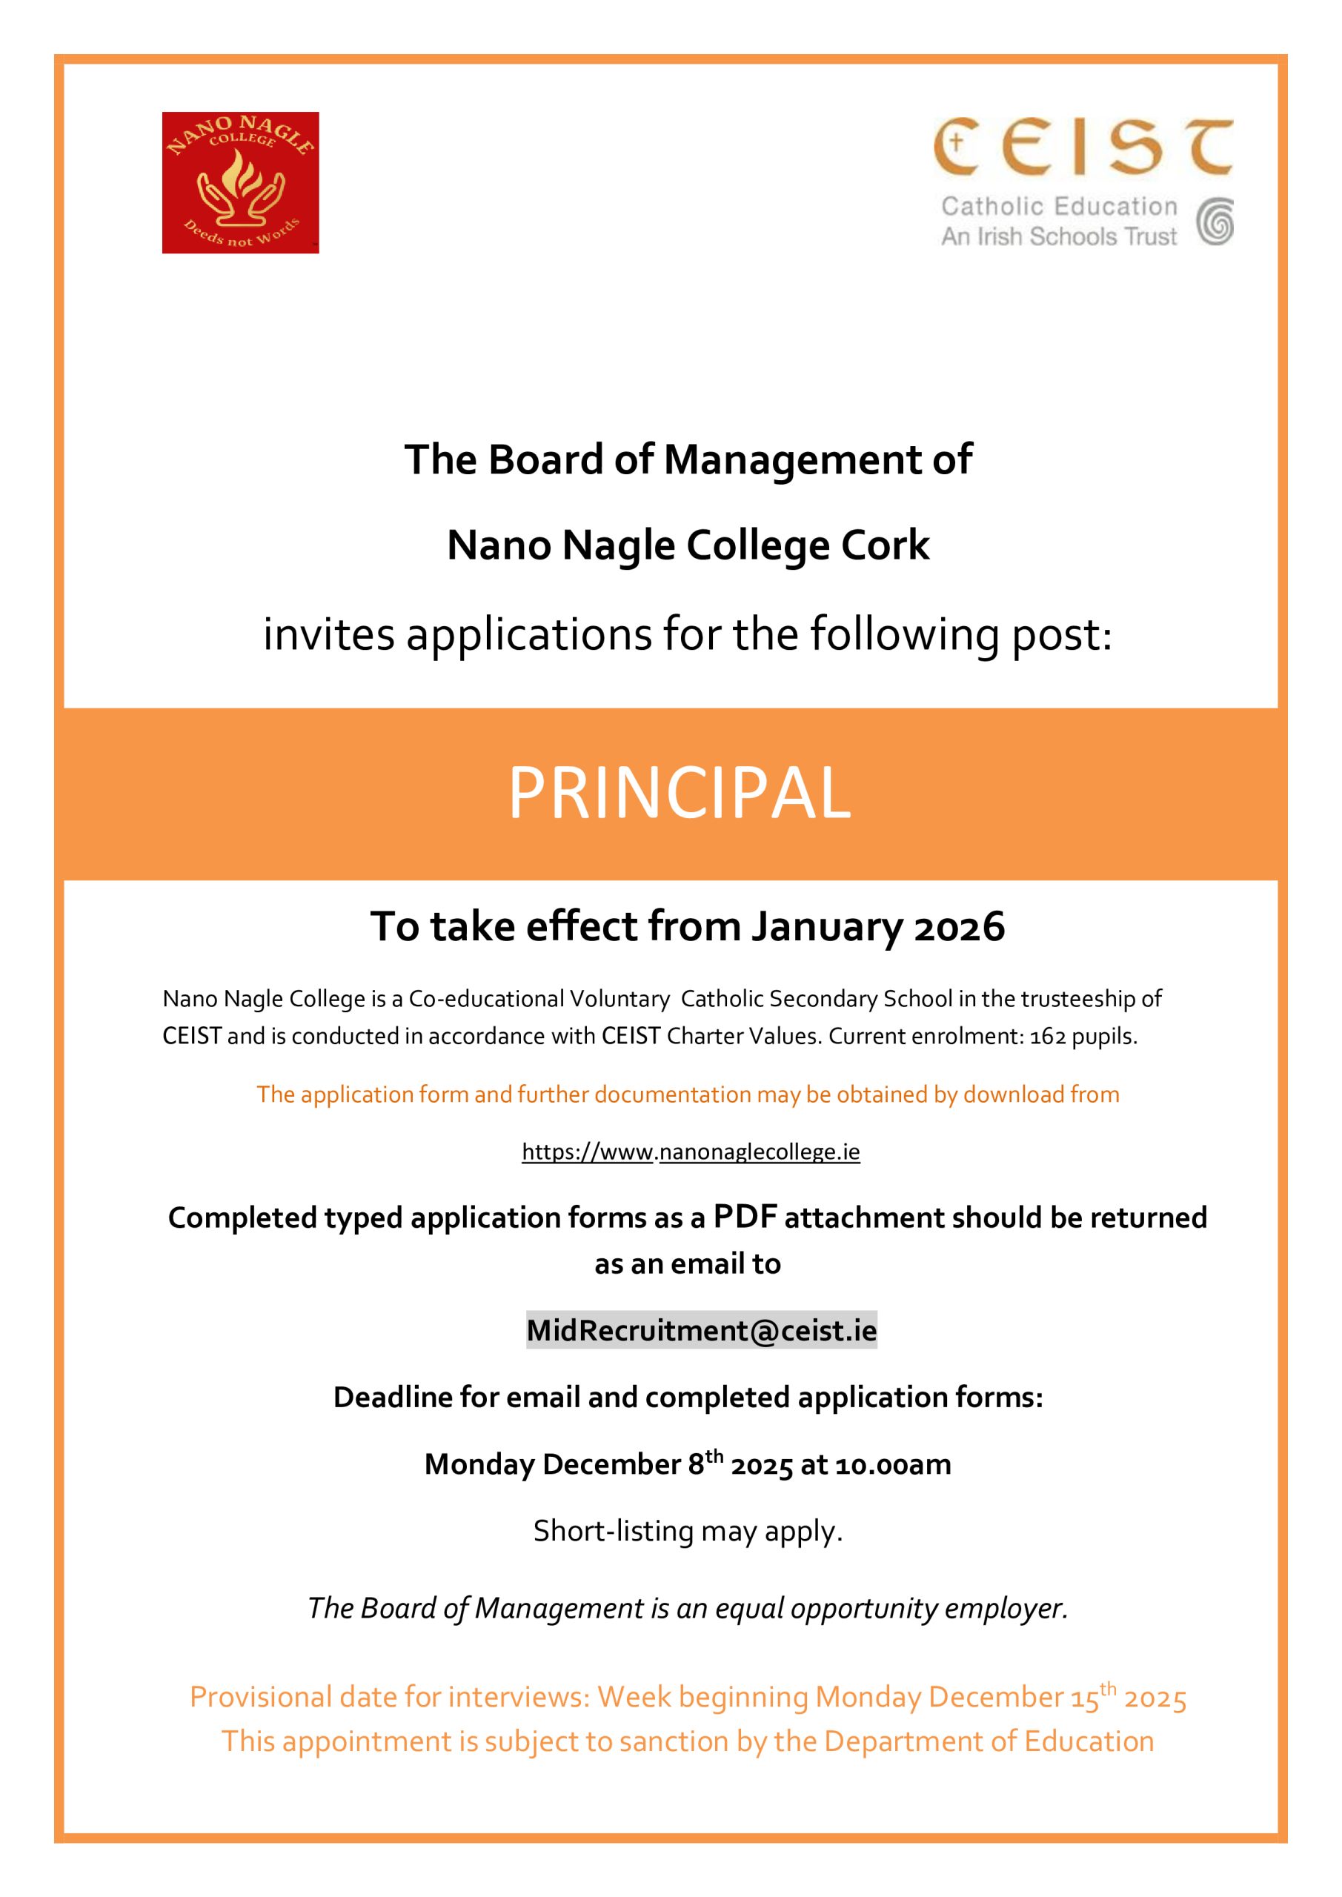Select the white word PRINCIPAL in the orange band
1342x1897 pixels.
679,793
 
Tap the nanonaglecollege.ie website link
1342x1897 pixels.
691,1152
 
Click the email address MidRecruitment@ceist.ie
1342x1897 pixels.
702,1330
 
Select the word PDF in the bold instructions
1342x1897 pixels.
746,1216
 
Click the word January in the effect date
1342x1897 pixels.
826,927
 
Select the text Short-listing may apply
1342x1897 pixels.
688,1531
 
